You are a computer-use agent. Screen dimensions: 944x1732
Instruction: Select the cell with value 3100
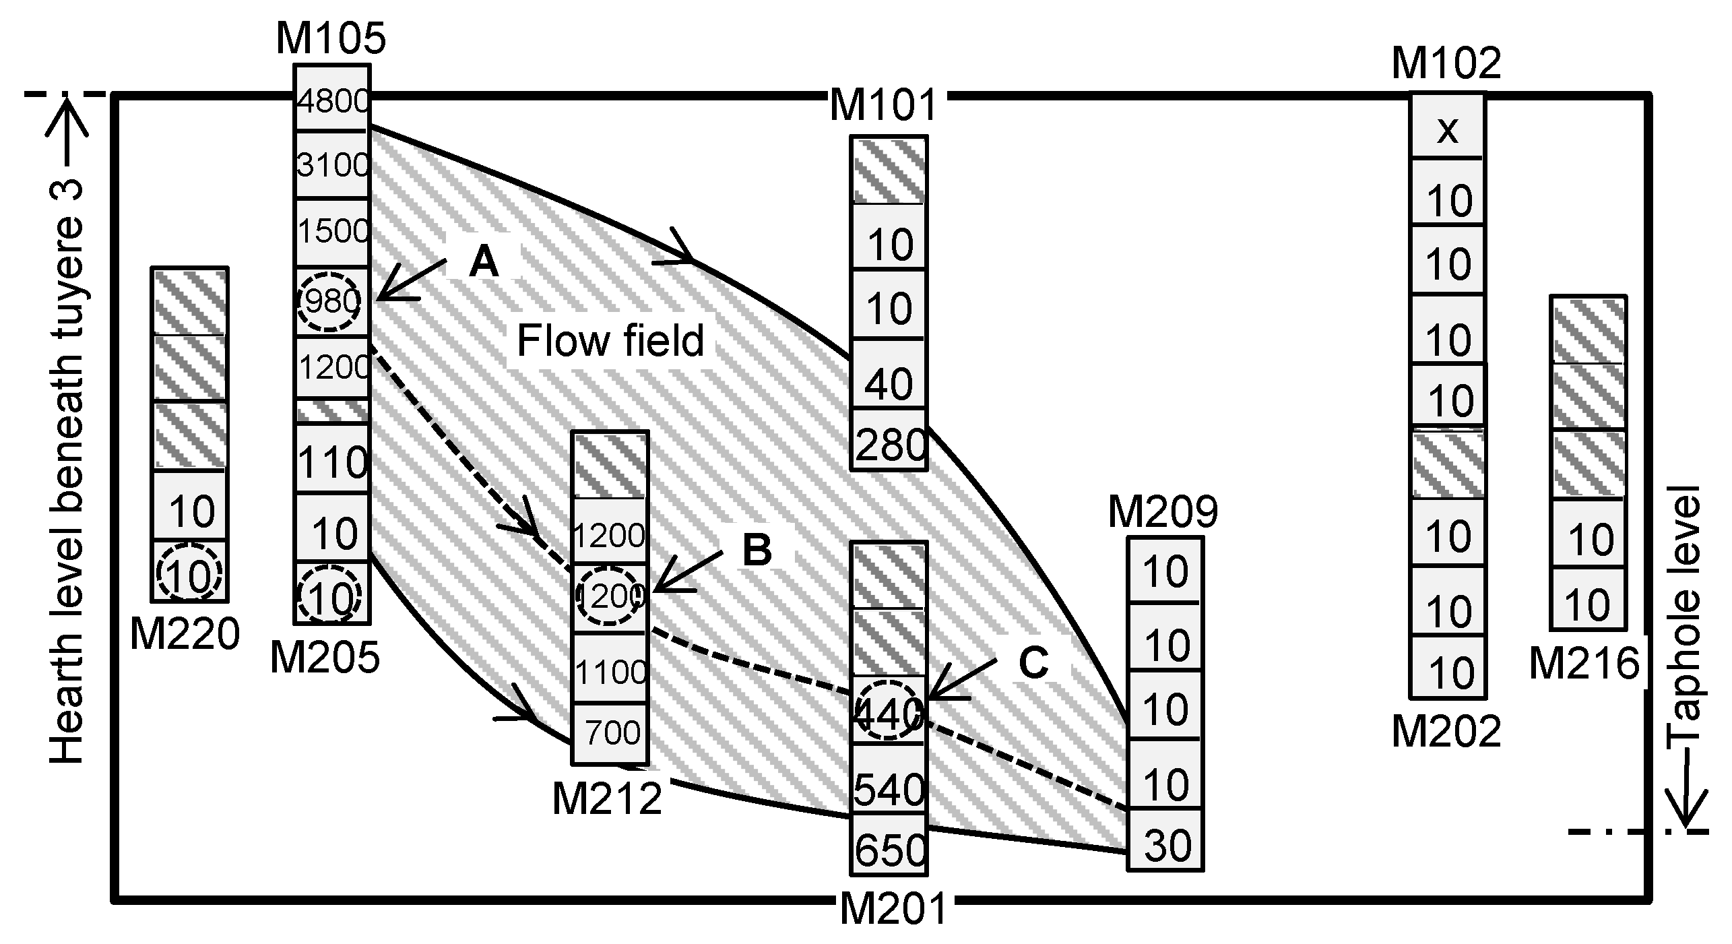[332, 165]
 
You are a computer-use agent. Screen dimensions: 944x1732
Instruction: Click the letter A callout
[484, 261]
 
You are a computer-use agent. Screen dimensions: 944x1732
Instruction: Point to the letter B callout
[757, 550]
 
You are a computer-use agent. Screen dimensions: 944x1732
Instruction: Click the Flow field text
[610, 341]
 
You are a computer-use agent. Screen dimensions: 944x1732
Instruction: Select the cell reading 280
[889, 445]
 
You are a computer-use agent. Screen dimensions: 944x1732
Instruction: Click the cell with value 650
[889, 850]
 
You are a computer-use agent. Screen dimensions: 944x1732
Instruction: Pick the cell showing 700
[611, 732]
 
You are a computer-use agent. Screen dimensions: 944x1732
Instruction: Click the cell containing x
[1446, 129]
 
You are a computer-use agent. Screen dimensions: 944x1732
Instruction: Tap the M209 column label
[1163, 513]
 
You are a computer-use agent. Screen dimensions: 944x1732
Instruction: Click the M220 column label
[185, 634]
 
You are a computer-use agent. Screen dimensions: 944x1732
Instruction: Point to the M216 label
[1584, 664]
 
